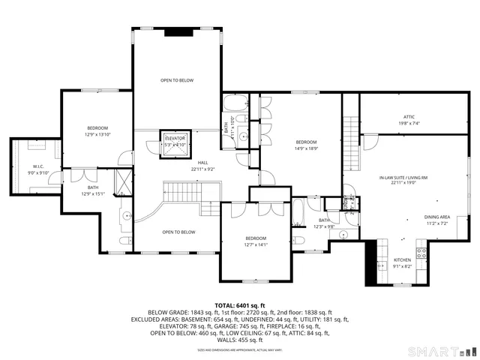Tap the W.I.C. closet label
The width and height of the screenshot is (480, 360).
tap(38, 166)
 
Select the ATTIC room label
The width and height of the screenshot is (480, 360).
tap(409, 116)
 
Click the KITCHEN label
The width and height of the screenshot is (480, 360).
tap(402, 259)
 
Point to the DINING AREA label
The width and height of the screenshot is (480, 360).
tap(436, 217)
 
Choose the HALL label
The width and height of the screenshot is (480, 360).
tap(202, 163)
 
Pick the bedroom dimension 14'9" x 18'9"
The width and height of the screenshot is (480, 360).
tap(306, 148)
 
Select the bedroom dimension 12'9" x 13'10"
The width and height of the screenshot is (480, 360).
tap(97, 134)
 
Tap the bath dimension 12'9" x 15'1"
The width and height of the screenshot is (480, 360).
tap(92, 193)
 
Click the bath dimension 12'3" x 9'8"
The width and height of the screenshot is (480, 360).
tap(323, 226)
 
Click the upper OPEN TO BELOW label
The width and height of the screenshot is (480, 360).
tap(177, 80)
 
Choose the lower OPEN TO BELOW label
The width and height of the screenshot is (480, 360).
tap(178, 232)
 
